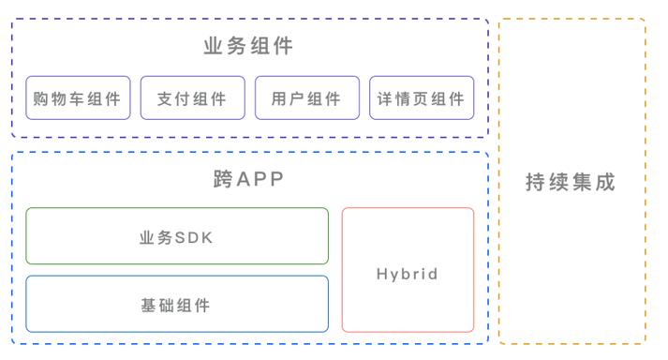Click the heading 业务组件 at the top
[x=248, y=46]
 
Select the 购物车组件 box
[x=77, y=98]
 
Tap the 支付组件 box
[x=192, y=98]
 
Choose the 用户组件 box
[x=306, y=98]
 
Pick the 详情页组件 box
[x=421, y=98]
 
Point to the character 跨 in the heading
[x=224, y=179]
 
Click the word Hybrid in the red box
[x=408, y=274]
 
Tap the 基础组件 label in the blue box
[x=176, y=305]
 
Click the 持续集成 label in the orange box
[x=571, y=182]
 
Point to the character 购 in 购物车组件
[x=40, y=98]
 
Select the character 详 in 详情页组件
[x=384, y=98]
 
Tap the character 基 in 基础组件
[x=148, y=305]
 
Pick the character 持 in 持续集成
[x=537, y=182]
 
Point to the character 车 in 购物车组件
[x=77, y=98]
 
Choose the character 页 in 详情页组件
[x=421, y=98]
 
